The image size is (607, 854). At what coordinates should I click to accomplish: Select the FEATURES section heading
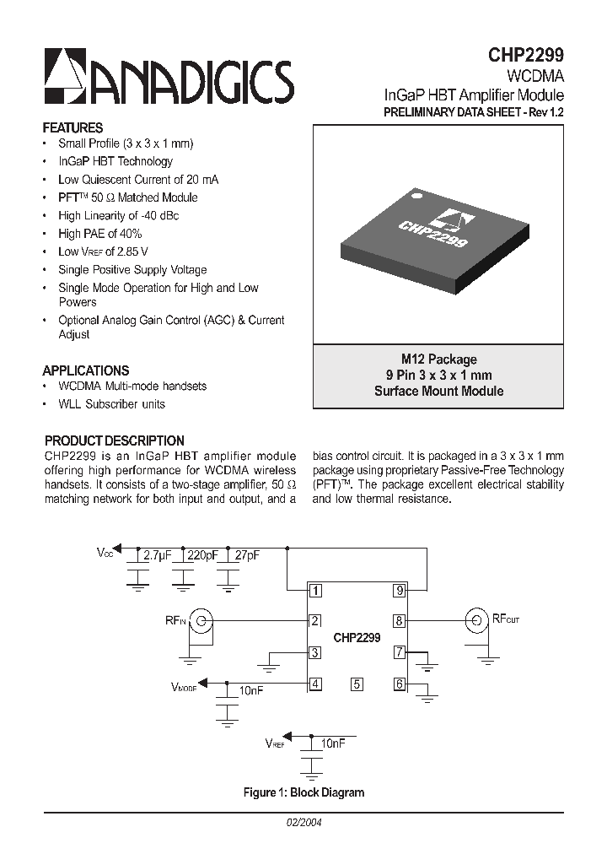tap(73, 127)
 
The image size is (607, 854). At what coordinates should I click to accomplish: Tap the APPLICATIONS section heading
tap(85, 370)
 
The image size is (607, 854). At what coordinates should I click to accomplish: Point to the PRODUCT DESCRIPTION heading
tap(114, 441)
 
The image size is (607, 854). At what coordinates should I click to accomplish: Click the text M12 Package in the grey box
tap(438, 359)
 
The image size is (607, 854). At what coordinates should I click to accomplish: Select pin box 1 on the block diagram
tap(314, 590)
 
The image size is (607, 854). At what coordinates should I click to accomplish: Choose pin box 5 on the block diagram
tap(357, 684)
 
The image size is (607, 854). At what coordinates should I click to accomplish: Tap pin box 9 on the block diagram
tap(400, 590)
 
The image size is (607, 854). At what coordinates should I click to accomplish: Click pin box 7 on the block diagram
tap(400, 652)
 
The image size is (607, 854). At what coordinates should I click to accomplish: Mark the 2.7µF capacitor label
tap(157, 555)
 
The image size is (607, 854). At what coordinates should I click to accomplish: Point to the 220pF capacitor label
tap(201, 555)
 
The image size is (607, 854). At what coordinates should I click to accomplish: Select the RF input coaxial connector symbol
tap(201, 621)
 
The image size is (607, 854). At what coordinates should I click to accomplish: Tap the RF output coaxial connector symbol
tap(476, 621)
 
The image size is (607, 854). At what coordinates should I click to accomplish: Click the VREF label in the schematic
tap(275, 744)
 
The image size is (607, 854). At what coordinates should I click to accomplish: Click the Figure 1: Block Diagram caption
tap(303, 792)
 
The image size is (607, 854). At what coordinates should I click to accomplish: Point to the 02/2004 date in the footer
tap(303, 822)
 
